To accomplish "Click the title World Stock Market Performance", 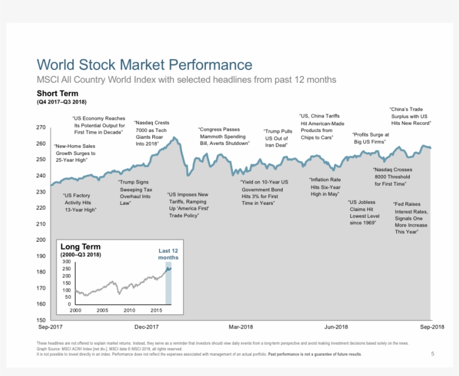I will [144, 64].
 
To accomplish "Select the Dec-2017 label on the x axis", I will [146, 327].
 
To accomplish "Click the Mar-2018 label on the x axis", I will [241, 327].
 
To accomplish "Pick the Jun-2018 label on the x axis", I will [336, 327].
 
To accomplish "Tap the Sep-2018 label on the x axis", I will [432, 327].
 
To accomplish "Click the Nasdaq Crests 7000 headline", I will [152, 133].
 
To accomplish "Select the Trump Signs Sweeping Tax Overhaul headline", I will [134, 192].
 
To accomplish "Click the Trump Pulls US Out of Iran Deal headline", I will [278, 138].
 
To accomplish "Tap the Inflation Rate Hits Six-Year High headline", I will [325, 187].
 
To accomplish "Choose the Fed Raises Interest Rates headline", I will [410, 218].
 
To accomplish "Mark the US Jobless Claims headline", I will [363, 213].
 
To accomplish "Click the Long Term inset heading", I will [81, 247].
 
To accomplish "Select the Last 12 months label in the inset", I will [168, 254].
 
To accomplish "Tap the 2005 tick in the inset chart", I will [102, 310].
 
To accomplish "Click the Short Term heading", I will [58, 93].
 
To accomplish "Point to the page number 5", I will [432, 354].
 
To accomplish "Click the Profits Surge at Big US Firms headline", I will [370, 138].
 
